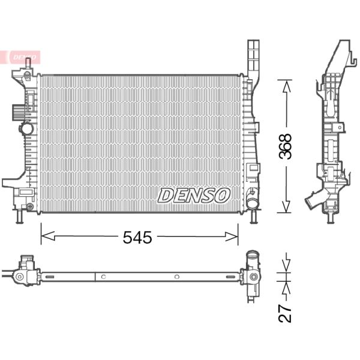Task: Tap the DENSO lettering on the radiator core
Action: click(194, 194)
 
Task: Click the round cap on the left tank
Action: click(26, 128)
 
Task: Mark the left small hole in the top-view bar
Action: click(103, 277)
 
